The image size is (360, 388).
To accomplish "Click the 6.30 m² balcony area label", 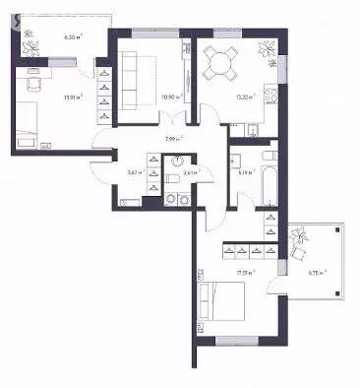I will point(72,35).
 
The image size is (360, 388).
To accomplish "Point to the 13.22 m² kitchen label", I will point(245,97).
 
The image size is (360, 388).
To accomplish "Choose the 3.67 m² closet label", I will point(134,172).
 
